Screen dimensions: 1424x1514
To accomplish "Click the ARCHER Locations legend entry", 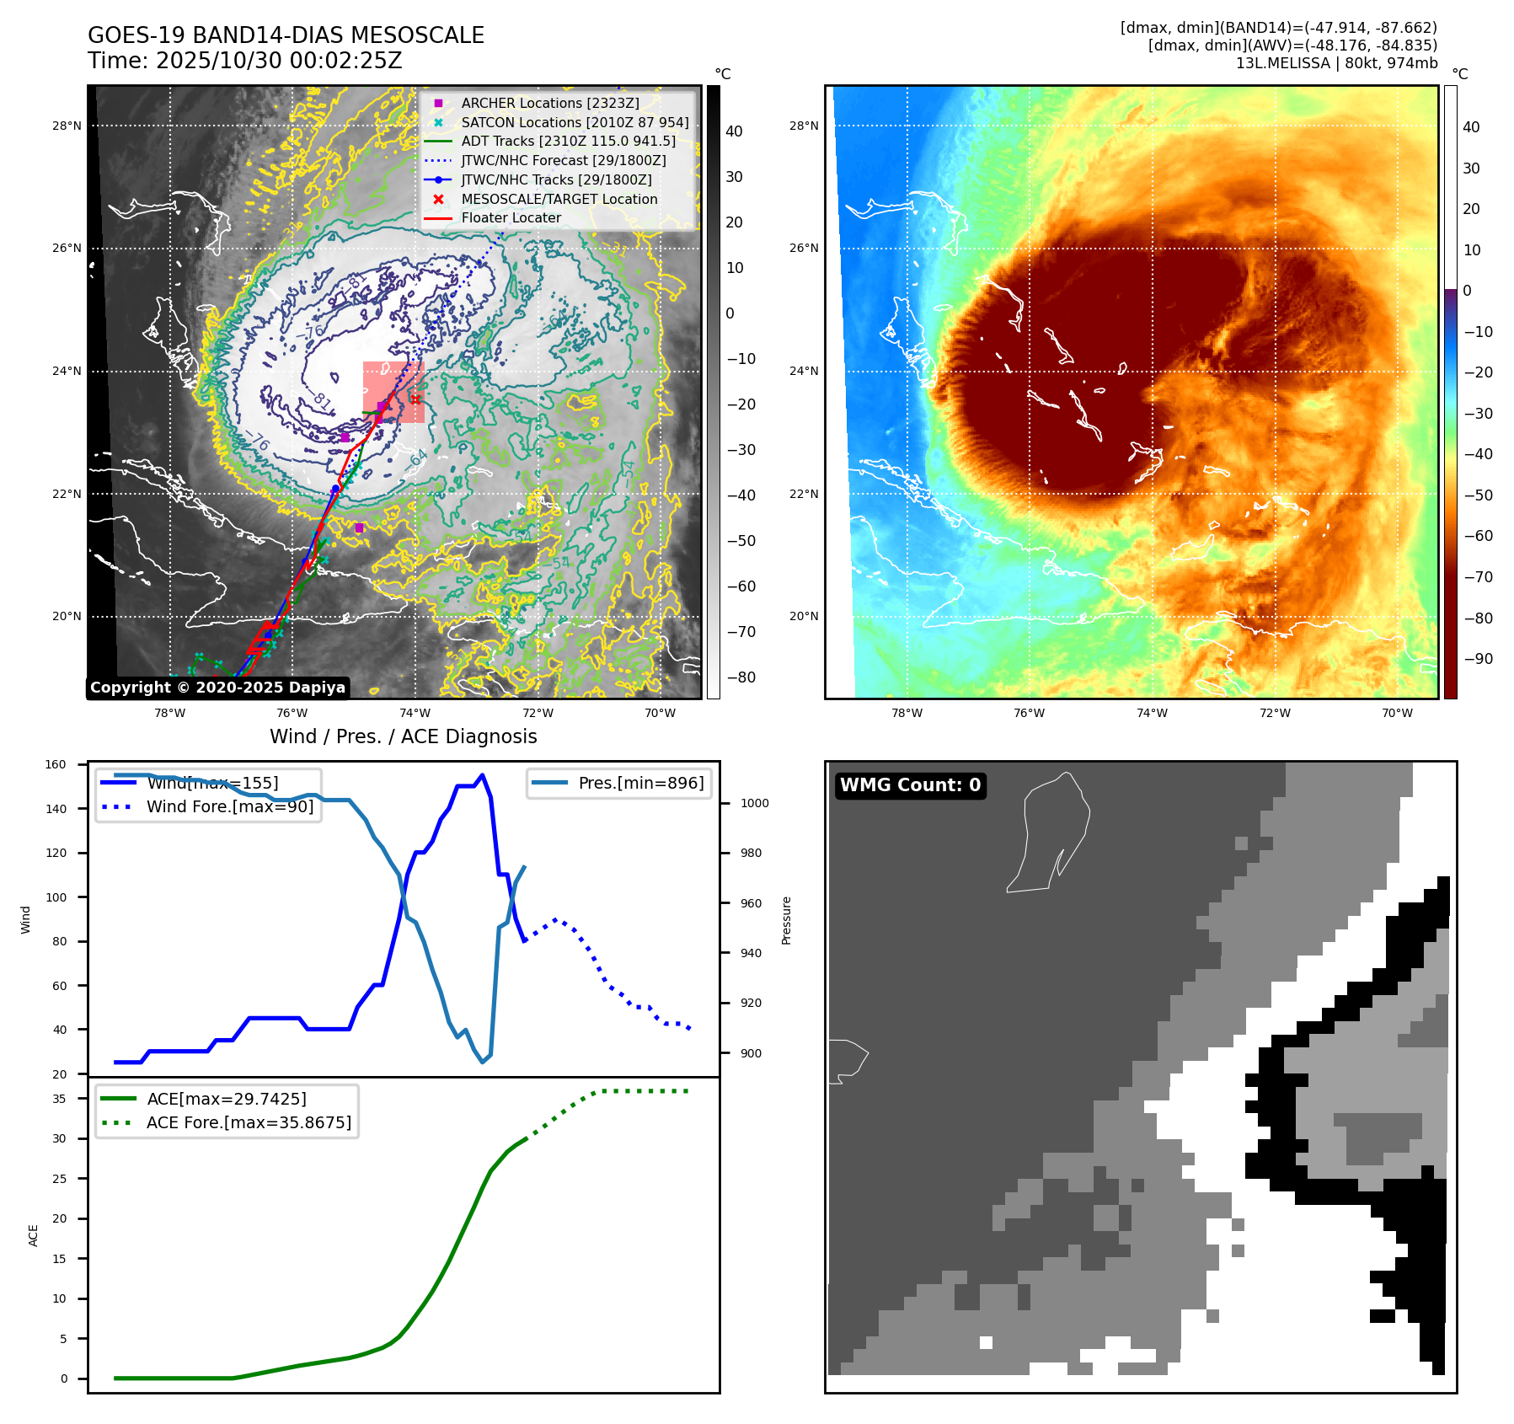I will [x=549, y=103].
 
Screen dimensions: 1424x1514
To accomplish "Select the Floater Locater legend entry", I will [x=511, y=217].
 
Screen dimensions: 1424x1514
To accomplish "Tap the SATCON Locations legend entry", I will [x=575, y=122].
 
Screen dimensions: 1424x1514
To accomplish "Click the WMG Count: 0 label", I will [x=910, y=785].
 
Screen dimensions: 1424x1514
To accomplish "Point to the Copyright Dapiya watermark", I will [x=217, y=688].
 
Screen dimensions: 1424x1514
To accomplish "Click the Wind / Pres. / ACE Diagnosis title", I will [x=403, y=736].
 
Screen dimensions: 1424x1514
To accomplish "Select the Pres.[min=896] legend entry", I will [x=640, y=783].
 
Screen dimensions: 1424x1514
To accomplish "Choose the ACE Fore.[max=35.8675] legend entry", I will [x=249, y=1122].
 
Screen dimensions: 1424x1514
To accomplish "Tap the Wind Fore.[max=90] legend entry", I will [x=229, y=806].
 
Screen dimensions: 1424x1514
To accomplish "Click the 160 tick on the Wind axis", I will [x=56, y=765].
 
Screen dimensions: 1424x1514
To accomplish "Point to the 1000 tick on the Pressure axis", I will [x=754, y=803].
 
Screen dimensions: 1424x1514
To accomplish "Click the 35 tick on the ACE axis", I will [x=59, y=1099].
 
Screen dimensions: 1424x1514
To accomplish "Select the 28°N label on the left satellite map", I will [x=67, y=126].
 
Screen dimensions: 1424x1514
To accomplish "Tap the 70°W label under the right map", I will [x=1397, y=713].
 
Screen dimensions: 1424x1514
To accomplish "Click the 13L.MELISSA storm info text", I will [x=1336, y=63].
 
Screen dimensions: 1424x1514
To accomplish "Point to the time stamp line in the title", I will [x=244, y=61].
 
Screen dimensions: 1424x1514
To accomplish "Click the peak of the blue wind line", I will [x=482, y=775].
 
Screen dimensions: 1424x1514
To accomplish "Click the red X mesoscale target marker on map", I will [x=415, y=399].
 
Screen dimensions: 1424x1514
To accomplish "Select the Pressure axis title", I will [x=786, y=920].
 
